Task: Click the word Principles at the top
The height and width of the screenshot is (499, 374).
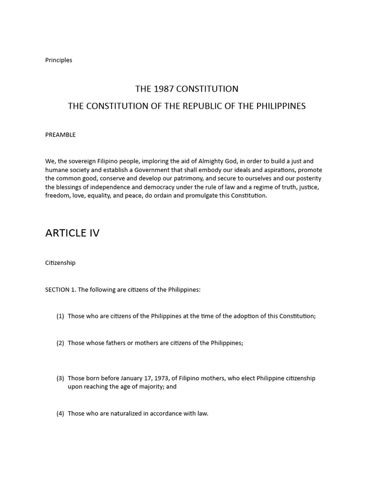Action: coord(58,60)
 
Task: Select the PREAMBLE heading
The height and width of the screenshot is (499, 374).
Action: coord(60,134)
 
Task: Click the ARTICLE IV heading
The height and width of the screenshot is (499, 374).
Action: coord(72,233)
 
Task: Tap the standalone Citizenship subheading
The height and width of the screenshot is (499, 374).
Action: coord(60,263)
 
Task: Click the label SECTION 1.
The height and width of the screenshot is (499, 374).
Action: coord(60,289)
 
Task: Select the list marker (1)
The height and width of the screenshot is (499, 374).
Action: coord(60,316)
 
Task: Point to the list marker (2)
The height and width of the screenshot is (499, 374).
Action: coord(60,343)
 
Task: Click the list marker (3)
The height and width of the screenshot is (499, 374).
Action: coord(60,378)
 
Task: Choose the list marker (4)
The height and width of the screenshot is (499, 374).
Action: coord(60,413)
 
